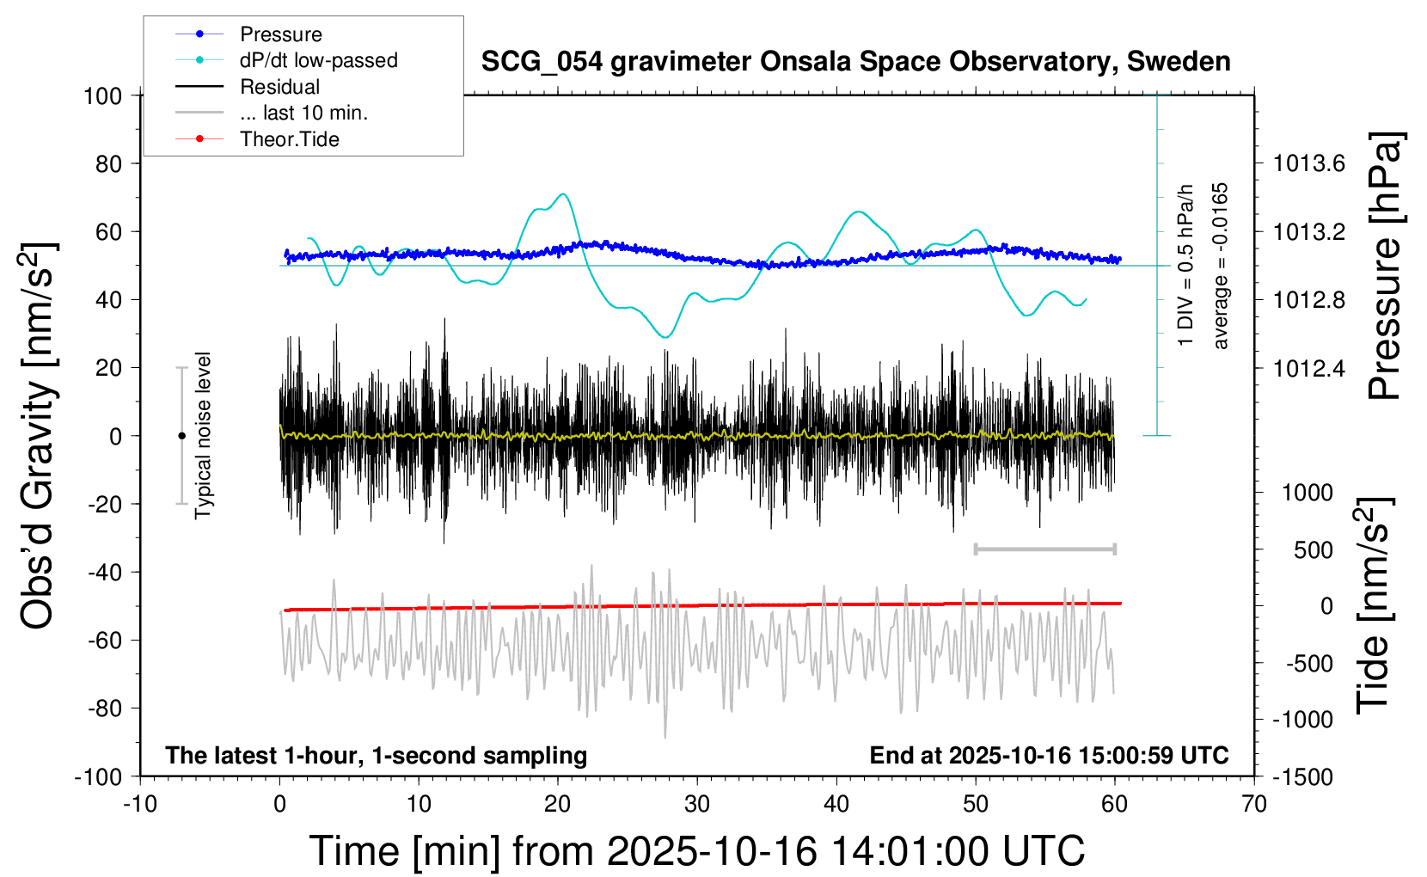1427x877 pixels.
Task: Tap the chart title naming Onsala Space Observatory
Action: pos(855,62)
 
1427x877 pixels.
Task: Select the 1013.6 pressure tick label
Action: pos(1309,163)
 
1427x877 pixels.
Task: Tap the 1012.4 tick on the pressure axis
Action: pos(1309,368)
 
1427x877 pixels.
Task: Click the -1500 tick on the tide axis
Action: pos(1302,777)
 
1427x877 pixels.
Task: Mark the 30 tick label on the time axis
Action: pos(697,805)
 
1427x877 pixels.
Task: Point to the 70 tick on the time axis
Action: pos(1254,805)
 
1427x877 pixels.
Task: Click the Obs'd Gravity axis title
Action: pos(39,436)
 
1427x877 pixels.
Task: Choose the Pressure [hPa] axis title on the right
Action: pos(1385,267)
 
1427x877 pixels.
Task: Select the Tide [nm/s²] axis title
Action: pos(1374,605)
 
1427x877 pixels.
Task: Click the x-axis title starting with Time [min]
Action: pos(697,851)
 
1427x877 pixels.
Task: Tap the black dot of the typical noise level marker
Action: pos(181,436)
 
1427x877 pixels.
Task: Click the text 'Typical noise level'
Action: pos(203,436)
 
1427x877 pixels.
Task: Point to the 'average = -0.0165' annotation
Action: pos(1221,266)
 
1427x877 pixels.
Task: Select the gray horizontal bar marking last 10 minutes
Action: pos(1044,549)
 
